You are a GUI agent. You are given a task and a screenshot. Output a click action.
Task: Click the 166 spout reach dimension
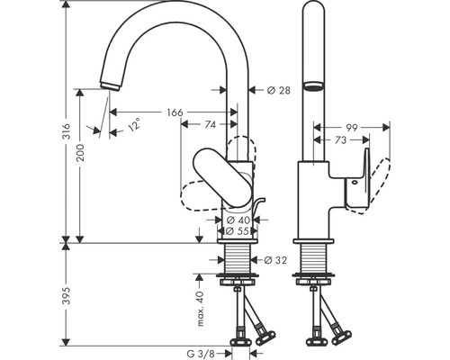click(175, 112)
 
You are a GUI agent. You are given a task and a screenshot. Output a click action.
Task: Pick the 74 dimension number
click(209, 126)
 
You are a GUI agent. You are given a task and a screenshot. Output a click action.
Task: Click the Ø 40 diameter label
click(238, 220)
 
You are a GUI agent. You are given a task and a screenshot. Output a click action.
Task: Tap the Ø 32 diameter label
click(276, 261)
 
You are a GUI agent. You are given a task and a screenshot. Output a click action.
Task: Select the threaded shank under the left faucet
click(239, 262)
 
